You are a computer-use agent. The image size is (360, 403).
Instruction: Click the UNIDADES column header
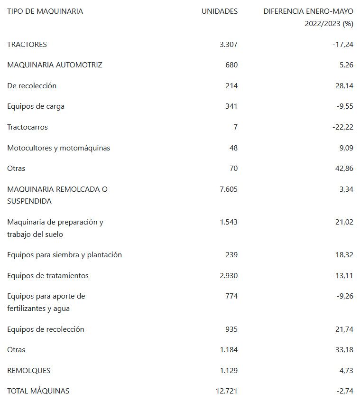[x=220, y=11]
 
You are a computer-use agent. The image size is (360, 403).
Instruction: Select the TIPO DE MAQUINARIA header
[x=45, y=11]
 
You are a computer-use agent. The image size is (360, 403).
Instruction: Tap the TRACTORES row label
[x=27, y=45]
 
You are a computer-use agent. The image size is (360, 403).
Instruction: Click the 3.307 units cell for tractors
[x=229, y=45]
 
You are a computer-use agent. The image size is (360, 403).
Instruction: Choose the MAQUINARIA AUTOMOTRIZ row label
[x=55, y=65]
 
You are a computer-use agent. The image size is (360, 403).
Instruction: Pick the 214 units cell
[x=231, y=86]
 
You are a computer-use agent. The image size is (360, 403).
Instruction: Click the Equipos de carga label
[x=36, y=106]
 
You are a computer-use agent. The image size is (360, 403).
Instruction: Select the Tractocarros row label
[x=28, y=127]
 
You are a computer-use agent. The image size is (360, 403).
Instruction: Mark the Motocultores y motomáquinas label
[x=58, y=148]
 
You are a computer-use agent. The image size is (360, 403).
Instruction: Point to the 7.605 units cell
[x=229, y=189]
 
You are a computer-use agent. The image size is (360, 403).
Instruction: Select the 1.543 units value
[x=229, y=222]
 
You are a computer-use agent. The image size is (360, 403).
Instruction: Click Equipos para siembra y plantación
[x=65, y=255]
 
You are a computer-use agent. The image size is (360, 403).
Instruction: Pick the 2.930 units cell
[x=229, y=276]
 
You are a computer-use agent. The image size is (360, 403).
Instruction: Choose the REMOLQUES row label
[x=28, y=371]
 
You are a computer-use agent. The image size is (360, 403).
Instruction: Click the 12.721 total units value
[x=227, y=391]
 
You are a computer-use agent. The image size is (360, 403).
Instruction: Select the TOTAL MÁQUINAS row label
[x=38, y=391]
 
